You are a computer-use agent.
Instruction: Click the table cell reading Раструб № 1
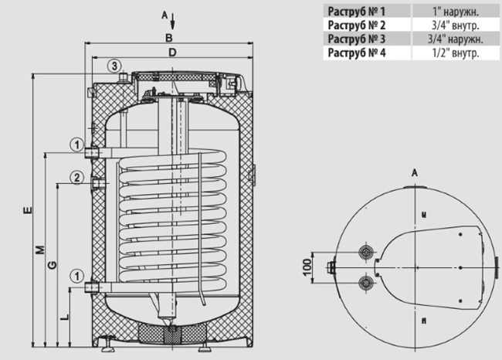367,11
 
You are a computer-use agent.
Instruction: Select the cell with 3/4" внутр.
456,25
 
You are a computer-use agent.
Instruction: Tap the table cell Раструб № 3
367,39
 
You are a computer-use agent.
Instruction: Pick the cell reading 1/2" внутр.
456,53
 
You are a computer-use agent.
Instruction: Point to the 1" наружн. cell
456,11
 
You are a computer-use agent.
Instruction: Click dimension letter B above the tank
168,38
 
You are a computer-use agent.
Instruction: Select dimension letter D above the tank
172,53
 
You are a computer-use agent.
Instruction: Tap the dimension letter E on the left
28,210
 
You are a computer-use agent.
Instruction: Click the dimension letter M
40,250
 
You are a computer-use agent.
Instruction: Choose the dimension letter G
52,265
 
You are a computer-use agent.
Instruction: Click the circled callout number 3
114,66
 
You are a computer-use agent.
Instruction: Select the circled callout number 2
76,178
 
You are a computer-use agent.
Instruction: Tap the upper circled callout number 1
76,144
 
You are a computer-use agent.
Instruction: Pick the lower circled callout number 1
76,276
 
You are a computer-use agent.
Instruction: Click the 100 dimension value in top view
307,267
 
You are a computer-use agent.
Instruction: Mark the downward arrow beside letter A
172,21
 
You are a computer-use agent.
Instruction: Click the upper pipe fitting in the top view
365,252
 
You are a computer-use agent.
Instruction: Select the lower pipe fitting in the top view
365,283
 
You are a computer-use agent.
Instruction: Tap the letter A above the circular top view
415,173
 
